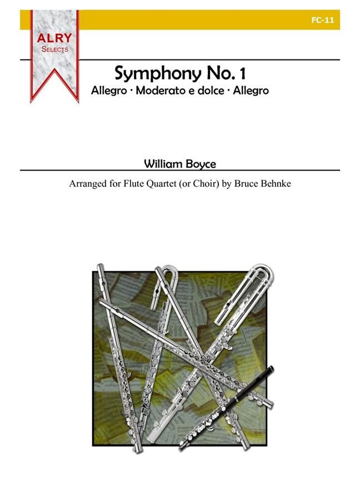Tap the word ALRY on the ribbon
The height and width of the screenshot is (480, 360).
tap(54, 38)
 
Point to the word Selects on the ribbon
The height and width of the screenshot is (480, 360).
tap(54, 49)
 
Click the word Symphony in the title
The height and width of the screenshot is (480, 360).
tap(148, 73)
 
